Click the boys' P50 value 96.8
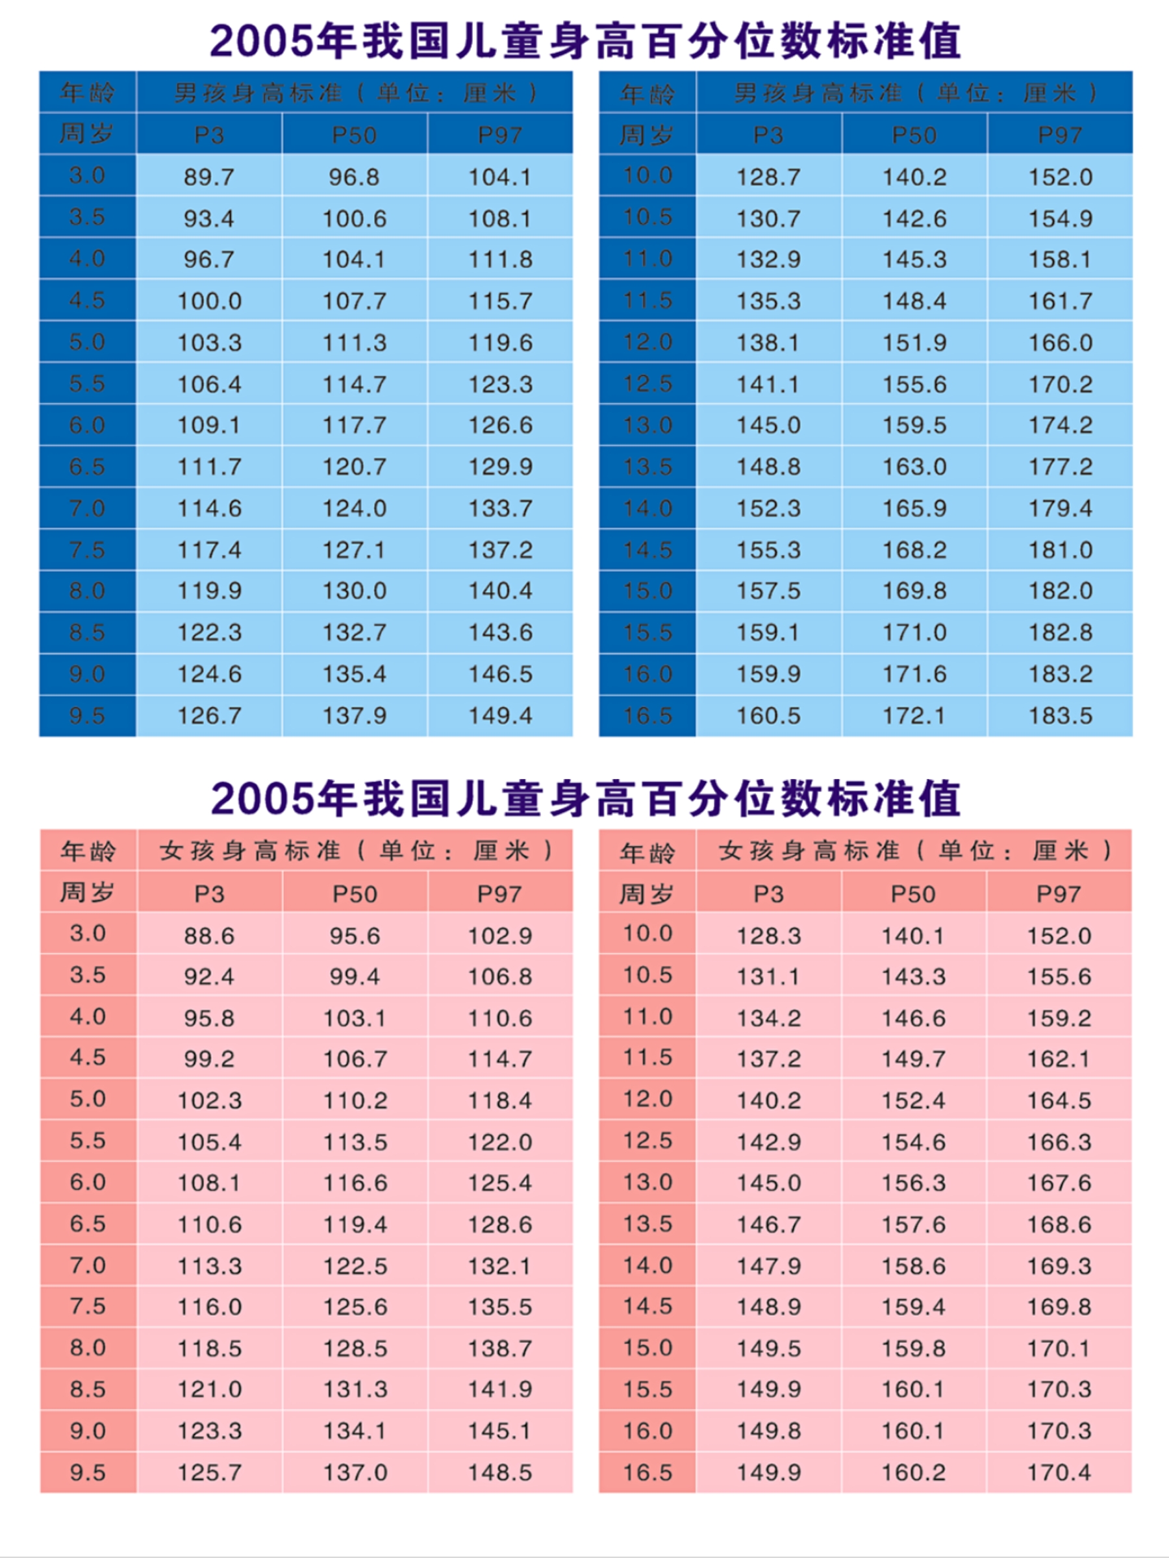tap(354, 177)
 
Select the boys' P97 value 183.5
tap(1060, 715)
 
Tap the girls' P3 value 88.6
tap(208, 935)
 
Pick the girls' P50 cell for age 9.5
tap(355, 1472)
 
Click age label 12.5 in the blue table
tap(647, 384)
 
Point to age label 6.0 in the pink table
tap(88, 1182)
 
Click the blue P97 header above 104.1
tap(499, 134)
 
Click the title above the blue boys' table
tap(585, 41)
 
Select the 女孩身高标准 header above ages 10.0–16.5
tap(914, 851)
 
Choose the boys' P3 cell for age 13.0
tap(768, 425)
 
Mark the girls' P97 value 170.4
tap(1059, 1472)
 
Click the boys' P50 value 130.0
tap(354, 591)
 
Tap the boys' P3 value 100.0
tap(208, 301)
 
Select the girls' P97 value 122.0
tap(499, 1142)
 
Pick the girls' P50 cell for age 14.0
tap(913, 1266)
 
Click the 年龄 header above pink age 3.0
tap(88, 851)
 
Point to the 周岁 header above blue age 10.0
tap(647, 134)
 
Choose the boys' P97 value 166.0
tap(1060, 343)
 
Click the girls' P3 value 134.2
tap(768, 1018)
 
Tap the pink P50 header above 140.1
tap(913, 894)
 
